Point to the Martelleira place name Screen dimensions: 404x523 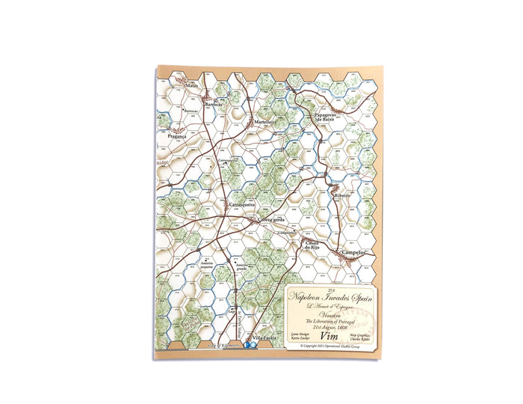(265, 120)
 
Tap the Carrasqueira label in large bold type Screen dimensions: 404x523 (242, 203)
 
